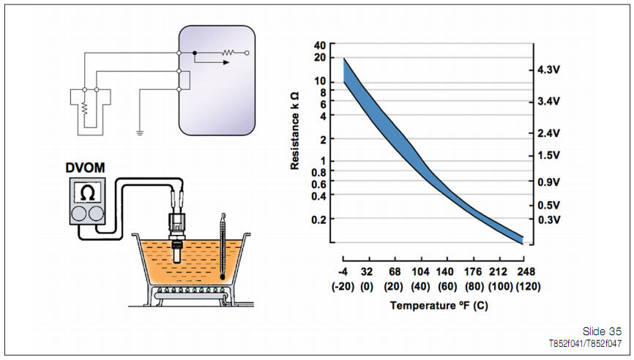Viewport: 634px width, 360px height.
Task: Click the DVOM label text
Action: click(x=85, y=168)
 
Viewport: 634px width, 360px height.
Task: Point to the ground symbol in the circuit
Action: click(x=138, y=132)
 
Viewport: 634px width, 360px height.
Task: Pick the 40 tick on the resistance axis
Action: click(x=319, y=45)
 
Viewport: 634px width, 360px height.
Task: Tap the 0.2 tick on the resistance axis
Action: click(x=318, y=219)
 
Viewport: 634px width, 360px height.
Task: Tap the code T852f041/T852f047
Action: click(x=585, y=342)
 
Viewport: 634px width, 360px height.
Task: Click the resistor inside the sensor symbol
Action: click(x=85, y=108)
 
